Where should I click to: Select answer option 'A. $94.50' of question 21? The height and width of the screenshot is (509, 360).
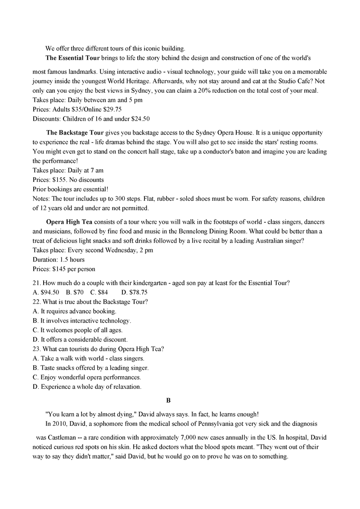[46, 292]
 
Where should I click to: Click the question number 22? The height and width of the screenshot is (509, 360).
[37, 302]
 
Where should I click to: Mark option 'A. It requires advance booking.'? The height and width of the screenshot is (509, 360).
[75, 311]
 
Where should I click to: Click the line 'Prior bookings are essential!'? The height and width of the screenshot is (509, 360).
[70, 189]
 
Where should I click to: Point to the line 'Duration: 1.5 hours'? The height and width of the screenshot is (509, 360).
[58, 260]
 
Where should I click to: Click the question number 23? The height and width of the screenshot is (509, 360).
[37, 349]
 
